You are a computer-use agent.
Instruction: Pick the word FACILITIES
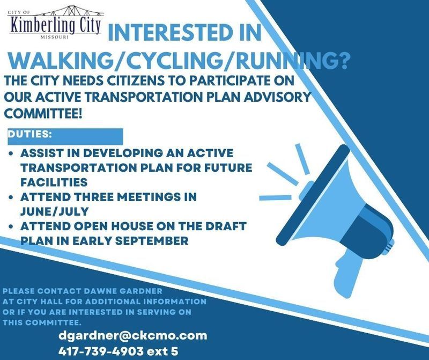pos(54,182)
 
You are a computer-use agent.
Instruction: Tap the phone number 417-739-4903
pos(102,351)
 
